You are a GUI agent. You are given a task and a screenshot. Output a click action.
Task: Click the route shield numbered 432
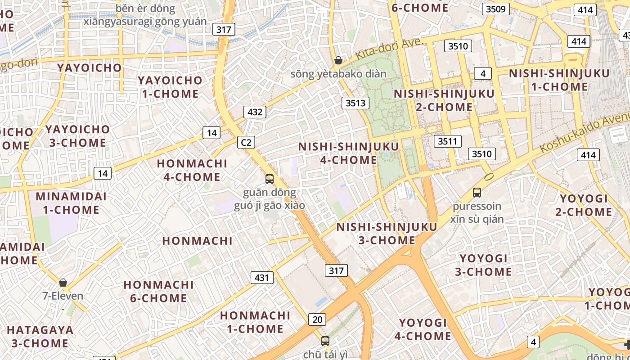pos(255,112)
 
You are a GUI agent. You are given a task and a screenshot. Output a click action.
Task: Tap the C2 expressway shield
pos(246,143)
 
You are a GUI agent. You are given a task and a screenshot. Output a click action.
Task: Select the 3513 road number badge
pos(355,103)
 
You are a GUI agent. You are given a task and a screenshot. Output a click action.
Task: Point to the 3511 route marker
pos(448,141)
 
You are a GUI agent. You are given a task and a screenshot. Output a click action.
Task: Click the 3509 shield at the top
pos(496,9)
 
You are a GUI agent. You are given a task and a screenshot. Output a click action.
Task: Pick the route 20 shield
pos(317,319)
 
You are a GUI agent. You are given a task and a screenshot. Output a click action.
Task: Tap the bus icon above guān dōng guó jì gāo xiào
pos(270,179)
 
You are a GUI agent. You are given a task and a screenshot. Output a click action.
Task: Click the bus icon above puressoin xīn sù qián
pos(477,193)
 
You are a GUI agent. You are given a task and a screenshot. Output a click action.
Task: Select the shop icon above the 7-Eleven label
pos(63,283)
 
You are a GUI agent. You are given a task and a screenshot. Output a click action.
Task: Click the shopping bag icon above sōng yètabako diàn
pos(338,60)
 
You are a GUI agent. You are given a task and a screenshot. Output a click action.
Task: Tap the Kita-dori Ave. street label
pos(390,49)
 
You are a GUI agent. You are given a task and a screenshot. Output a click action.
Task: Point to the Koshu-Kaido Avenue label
pos(585,130)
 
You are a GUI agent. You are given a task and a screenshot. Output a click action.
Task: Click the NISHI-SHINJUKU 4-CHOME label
pos(348,153)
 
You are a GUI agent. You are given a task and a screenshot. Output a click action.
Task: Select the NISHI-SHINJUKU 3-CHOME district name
pos(387,233)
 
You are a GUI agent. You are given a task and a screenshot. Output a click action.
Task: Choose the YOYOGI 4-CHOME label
pos(423,329)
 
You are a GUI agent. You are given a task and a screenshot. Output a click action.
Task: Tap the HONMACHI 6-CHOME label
pos(158,291)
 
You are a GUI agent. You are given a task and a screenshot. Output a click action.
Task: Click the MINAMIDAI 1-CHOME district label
pos(71,203)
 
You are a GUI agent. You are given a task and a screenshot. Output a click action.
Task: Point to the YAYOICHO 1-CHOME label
pos(170,87)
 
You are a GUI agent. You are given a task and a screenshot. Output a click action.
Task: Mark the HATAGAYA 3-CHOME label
pos(40,336)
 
